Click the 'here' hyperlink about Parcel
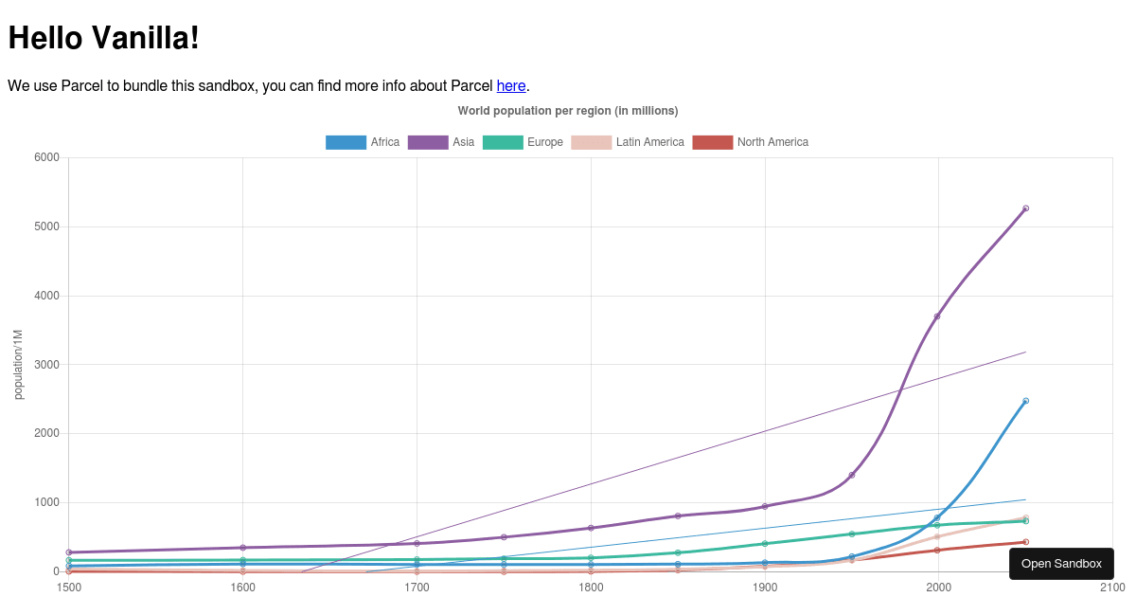(x=511, y=85)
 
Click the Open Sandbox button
(x=1061, y=564)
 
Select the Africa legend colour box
(x=346, y=142)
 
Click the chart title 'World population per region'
(x=568, y=111)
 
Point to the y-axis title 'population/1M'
(x=19, y=365)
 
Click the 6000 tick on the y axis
(x=47, y=157)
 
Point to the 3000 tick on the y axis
(x=47, y=365)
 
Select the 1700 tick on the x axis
(x=417, y=588)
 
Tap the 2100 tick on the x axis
(x=1111, y=588)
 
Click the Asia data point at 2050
(x=1025, y=208)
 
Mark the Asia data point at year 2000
(x=937, y=317)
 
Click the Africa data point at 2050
(x=1025, y=401)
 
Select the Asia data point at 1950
(x=852, y=475)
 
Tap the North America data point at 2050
(x=1025, y=542)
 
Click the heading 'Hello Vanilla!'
(x=104, y=38)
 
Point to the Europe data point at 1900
(x=765, y=544)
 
